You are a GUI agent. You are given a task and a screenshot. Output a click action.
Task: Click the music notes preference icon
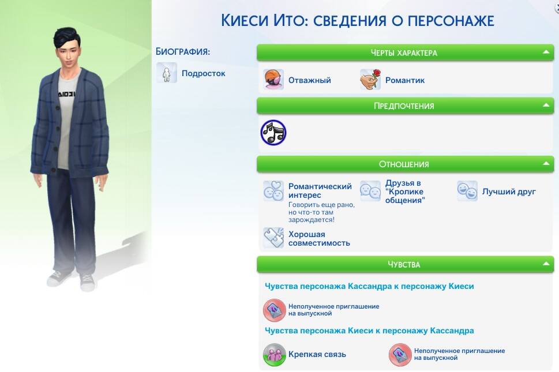pos(273,133)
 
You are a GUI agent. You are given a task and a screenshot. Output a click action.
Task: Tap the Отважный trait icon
pos(273,79)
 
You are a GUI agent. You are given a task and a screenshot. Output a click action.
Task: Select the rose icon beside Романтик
pos(370,79)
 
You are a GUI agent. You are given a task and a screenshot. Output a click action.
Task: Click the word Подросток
pos(203,73)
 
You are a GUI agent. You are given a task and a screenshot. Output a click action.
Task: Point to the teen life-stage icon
pos(167,73)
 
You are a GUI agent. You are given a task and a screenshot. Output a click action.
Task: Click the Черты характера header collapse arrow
pos(546,52)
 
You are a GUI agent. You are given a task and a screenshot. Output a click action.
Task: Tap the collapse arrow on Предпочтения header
pos(546,105)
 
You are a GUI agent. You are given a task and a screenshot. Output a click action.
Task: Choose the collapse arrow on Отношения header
pos(546,164)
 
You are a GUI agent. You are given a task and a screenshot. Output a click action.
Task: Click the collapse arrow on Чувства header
pos(546,264)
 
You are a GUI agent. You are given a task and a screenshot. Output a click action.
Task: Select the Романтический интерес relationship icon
pos(273,191)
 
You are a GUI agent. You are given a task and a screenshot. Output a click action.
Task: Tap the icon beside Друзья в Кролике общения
pos(370,191)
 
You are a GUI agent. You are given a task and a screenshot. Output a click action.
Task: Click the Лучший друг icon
pos(467,191)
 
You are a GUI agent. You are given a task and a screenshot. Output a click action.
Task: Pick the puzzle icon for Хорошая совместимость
pos(273,238)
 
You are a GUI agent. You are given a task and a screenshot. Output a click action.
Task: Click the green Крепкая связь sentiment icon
pos(274,355)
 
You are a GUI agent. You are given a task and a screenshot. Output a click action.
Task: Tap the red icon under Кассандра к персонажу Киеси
pos(274,310)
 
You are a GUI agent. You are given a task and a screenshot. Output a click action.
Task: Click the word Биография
pos(182,52)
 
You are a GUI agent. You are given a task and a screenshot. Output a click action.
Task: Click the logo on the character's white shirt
pos(67,93)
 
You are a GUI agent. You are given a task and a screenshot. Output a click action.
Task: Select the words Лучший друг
pos(509,191)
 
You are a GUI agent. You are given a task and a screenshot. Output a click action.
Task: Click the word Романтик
pos(404,81)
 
